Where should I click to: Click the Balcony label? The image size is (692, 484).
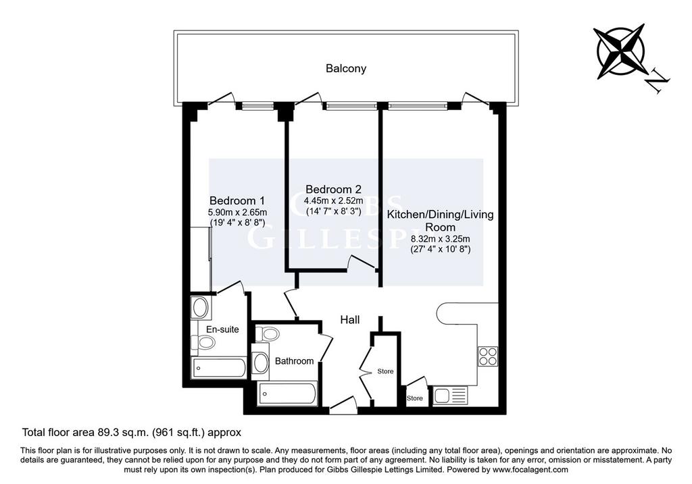pyautogui.click(x=346, y=68)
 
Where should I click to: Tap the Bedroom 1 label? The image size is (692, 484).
pyautogui.click(x=237, y=201)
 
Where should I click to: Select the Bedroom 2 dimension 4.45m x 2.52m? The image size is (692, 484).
pyautogui.click(x=333, y=201)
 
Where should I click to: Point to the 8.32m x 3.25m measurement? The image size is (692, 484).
pyautogui.click(x=441, y=239)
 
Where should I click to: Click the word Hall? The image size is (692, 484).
pyautogui.click(x=350, y=319)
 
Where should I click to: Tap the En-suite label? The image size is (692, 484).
pyautogui.click(x=222, y=329)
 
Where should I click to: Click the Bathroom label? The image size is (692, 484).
pyautogui.click(x=295, y=361)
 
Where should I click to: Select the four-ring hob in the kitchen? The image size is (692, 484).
pyautogui.click(x=488, y=356)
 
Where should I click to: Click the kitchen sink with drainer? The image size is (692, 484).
pyautogui.click(x=450, y=395)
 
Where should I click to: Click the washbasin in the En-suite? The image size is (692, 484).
pyautogui.click(x=201, y=307)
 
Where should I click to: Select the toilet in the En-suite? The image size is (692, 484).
pyautogui.click(x=203, y=342)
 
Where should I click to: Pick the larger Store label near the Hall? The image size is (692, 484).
pyautogui.click(x=385, y=371)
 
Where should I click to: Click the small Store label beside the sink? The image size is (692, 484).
pyautogui.click(x=414, y=398)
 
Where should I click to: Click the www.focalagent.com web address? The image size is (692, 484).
pyautogui.click(x=530, y=469)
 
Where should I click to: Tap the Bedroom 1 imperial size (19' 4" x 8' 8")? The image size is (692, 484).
pyautogui.click(x=237, y=223)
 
